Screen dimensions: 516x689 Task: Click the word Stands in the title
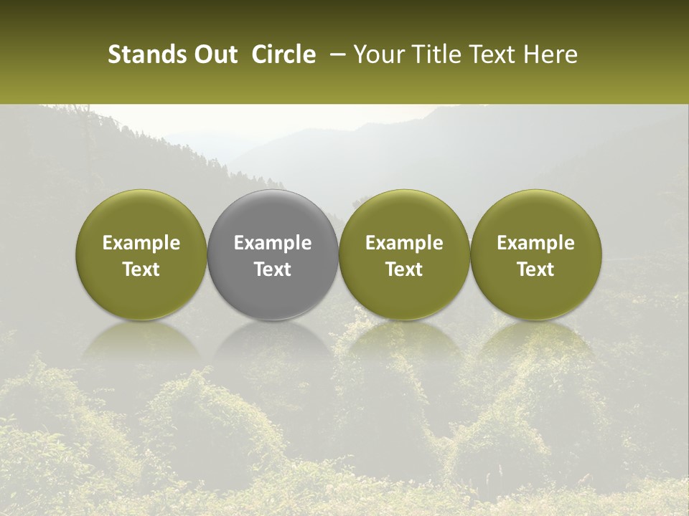coord(143,54)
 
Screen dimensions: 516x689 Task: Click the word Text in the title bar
coord(492,54)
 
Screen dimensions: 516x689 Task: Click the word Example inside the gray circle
coord(273,243)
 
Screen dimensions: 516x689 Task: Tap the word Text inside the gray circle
coord(273,269)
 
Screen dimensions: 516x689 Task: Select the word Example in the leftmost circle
coord(141,243)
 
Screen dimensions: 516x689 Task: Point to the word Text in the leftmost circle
coord(141,269)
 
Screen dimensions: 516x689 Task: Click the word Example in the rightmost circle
coord(535,243)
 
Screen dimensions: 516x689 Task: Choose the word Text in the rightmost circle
coord(535,269)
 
